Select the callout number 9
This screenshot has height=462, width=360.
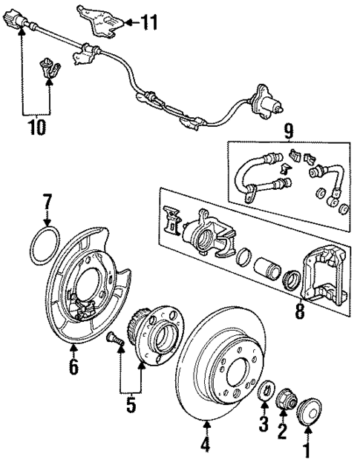(x=288, y=133)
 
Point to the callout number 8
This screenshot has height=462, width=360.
(x=299, y=310)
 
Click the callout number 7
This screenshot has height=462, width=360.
(x=48, y=201)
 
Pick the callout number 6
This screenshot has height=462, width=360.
(x=73, y=367)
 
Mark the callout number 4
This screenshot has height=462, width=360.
(x=206, y=445)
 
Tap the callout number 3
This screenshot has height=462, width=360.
(x=261, y=425)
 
